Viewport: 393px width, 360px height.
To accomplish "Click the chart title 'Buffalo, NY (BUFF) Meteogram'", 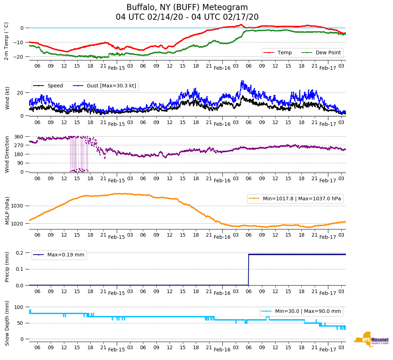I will (x=187, y=8).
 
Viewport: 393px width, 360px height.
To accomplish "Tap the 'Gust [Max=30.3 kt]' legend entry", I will (x=111, y=86).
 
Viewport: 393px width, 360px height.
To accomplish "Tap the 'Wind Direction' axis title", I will (x=7, y=154).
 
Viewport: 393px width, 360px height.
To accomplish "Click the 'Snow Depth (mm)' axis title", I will (x=7, y=323).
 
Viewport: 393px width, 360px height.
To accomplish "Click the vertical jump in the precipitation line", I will (x=249, y=270).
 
